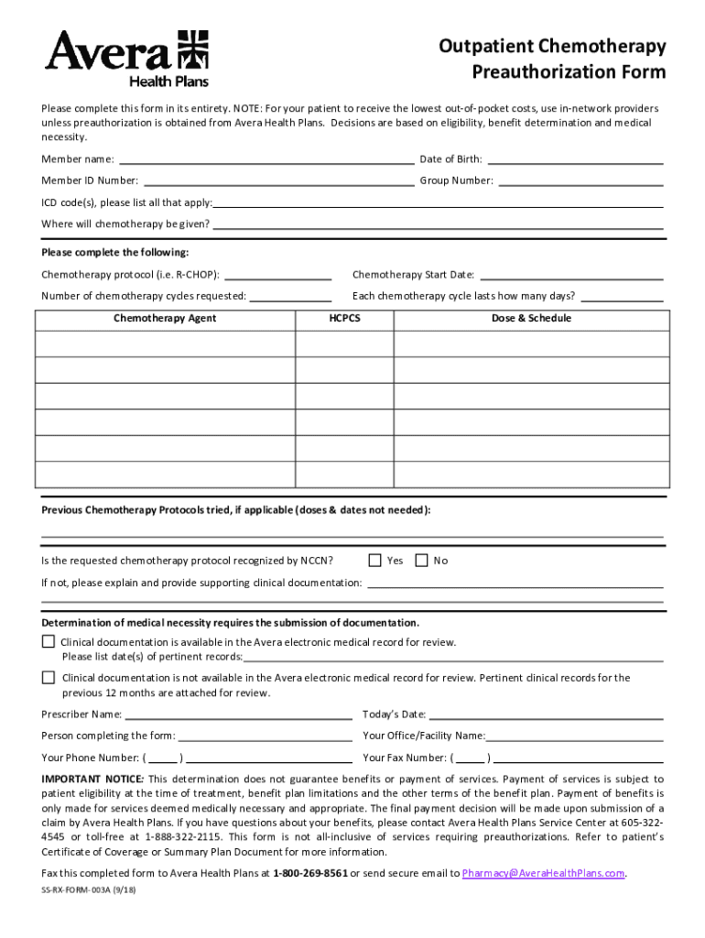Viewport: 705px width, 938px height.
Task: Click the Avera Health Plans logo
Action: point(127,59)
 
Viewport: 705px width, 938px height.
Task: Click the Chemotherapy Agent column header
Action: point(165,318)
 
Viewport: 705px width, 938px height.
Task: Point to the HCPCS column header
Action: point(344,318)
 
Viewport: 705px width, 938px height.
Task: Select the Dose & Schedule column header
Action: point(531,318)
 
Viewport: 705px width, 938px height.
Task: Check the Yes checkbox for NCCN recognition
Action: point(374,560)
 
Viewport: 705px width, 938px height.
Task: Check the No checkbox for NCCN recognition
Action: point(421,560)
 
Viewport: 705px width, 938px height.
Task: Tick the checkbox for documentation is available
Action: point(49,641)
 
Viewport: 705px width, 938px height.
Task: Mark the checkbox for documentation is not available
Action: point(49,677)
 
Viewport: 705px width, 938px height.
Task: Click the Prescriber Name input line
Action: point(238,714)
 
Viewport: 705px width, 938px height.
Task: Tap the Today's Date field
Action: point(546,714)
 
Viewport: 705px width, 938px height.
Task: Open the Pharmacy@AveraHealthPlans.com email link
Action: point(544,873)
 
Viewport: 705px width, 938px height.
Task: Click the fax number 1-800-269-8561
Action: point(309,873)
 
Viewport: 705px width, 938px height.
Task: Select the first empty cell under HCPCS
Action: point(344,344)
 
